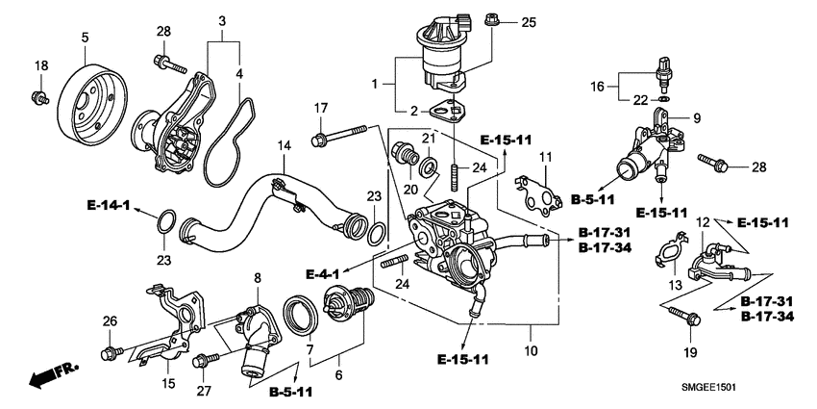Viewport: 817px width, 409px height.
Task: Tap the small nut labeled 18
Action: tap(38, 96)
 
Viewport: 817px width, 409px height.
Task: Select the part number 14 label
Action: tap(284, 145)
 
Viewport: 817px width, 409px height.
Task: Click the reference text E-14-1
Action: tap(108, 205)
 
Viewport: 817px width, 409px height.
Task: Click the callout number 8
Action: tap(257, 279)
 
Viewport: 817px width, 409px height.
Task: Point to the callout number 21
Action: tap(430, 139)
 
